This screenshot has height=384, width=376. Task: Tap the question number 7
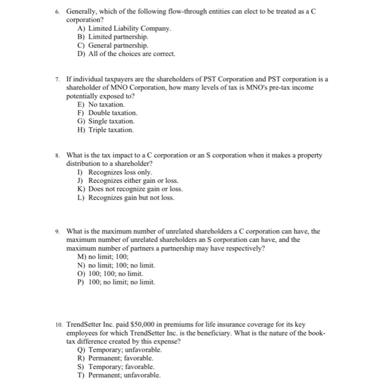(58, 79)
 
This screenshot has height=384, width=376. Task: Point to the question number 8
(58, 155)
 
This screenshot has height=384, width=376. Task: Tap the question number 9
(58, 231)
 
